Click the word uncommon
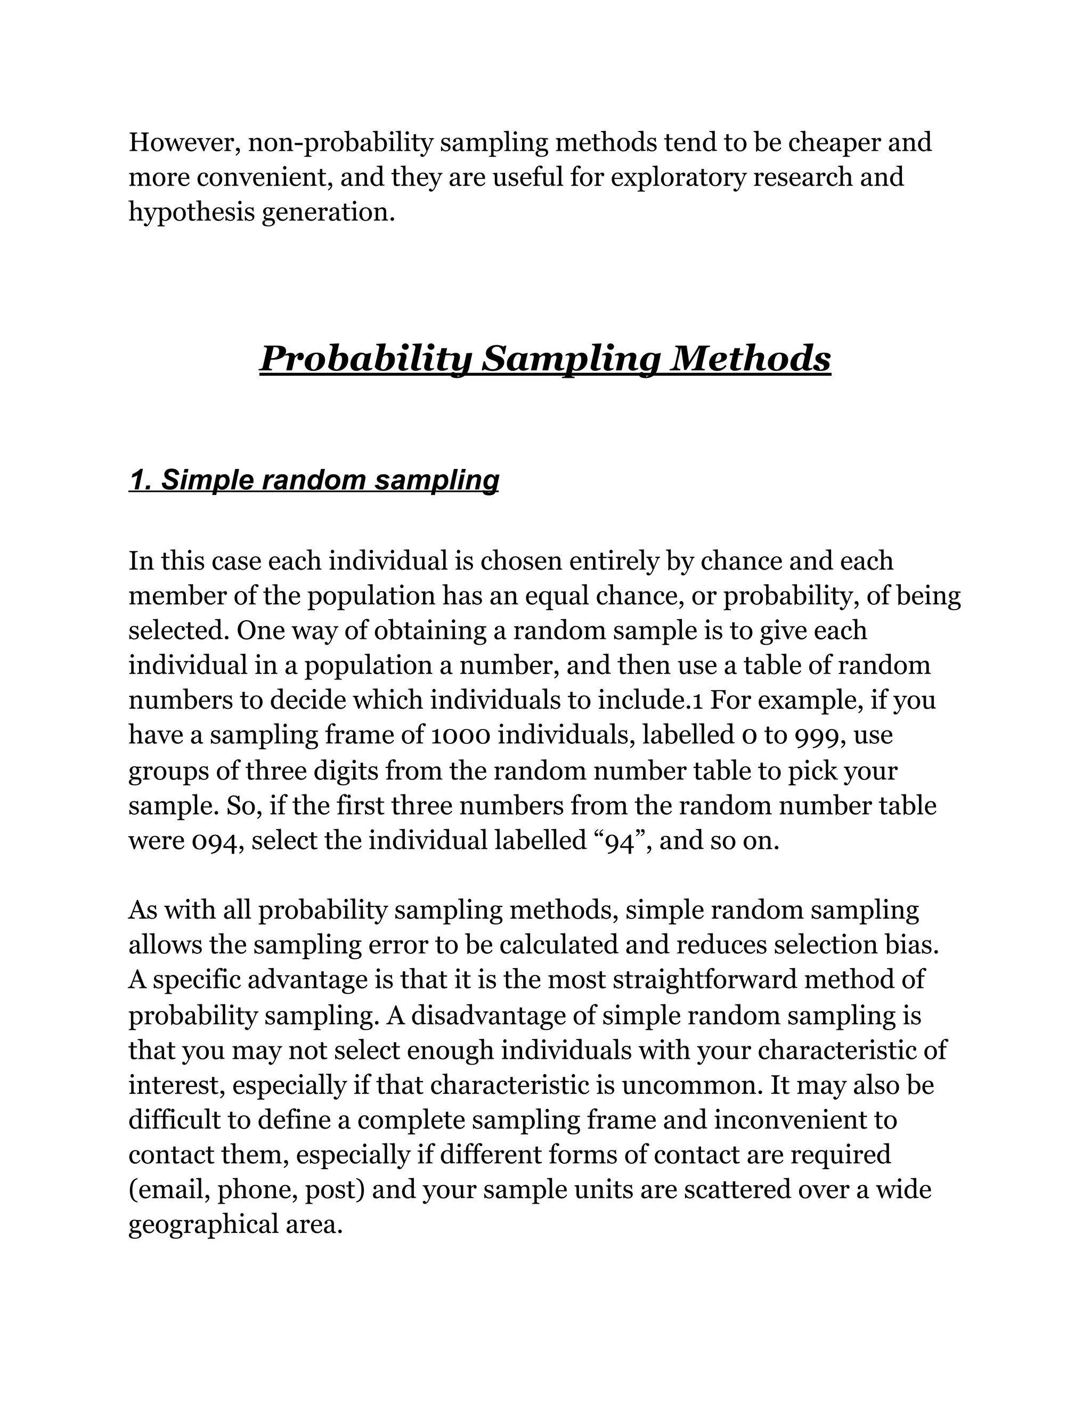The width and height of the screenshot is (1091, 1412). [691, 1085]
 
